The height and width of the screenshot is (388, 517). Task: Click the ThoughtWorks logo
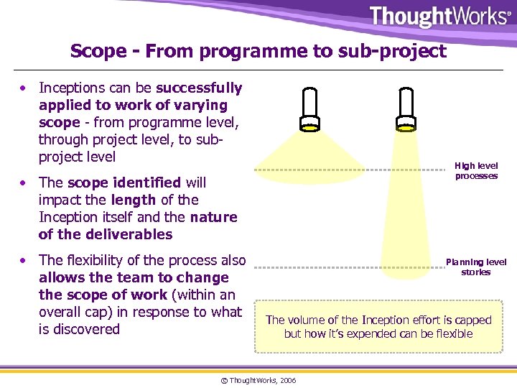click(x=440, y=17)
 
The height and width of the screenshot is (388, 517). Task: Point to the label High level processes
click(x=476, y=171)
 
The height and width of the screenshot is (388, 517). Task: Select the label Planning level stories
click(x=476, y=267)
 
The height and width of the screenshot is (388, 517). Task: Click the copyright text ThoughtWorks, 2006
click(x=258, y=380)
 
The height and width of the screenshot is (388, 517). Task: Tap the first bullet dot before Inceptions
click(x=24, y=88)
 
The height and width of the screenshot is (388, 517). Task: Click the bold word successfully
click(x=199, y=88)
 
